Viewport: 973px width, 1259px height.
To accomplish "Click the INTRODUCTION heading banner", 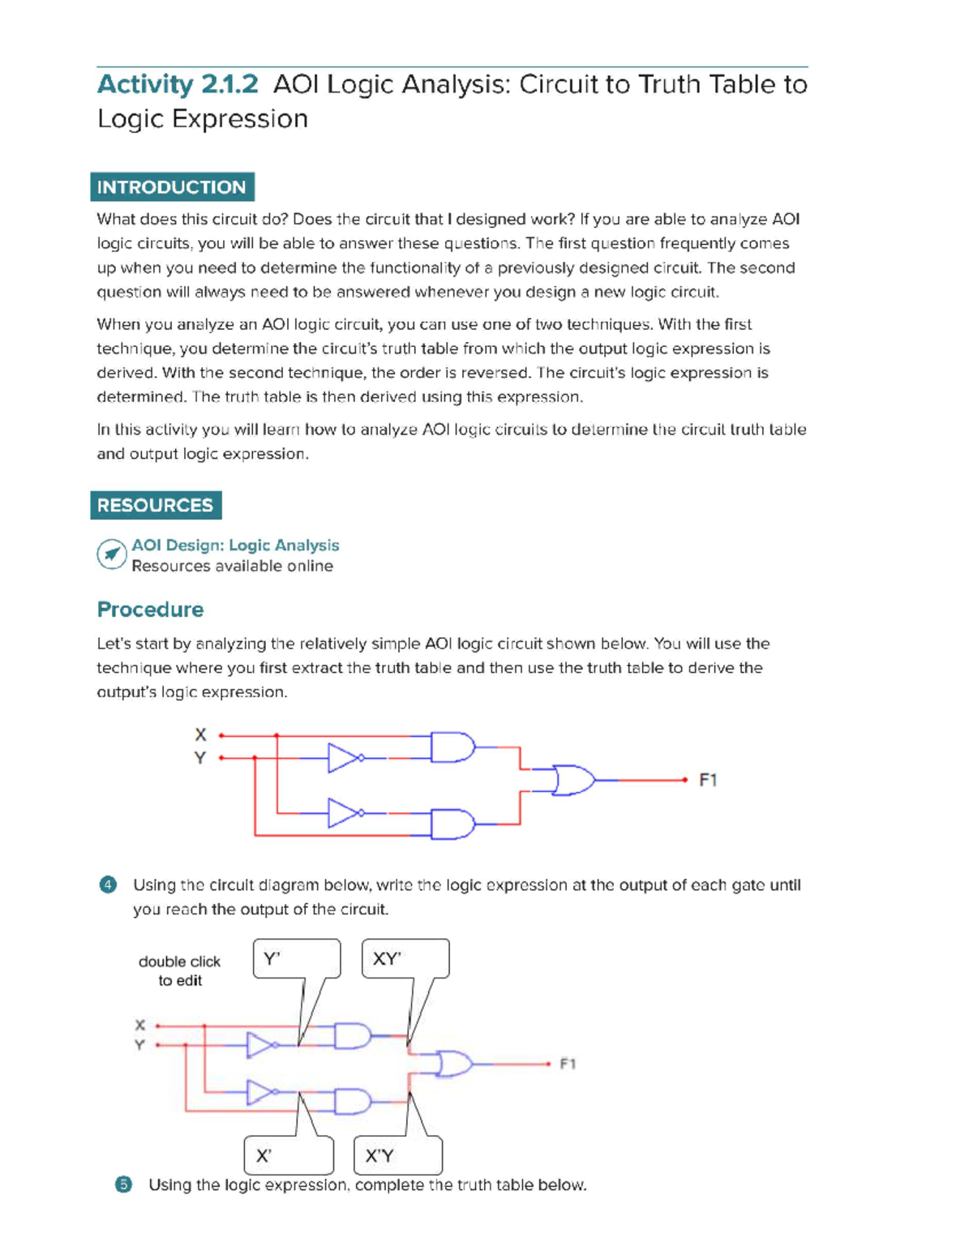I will (x=172, y=187).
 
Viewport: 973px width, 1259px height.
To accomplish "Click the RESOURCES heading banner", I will (x=156, y=505).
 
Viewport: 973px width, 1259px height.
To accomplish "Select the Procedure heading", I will (x=150, y=610).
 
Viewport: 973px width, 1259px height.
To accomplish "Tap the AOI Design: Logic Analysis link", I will (x=235, y=546).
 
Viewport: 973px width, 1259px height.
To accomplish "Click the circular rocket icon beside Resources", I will (x=111, y=555).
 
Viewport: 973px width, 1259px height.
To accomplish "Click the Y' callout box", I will (x=297, y=959).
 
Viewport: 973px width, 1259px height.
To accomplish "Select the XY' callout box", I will (x=405, y=959).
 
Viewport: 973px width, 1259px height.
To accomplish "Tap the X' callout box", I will (x=289, y=1155).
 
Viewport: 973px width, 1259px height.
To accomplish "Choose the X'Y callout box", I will (x=398, y=1155).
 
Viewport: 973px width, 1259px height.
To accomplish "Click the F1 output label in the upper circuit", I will (x=708, y=780).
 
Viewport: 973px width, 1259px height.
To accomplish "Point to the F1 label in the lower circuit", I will (x=568, y=1064).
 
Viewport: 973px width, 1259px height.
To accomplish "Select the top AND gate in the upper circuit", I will (x=452, y=747).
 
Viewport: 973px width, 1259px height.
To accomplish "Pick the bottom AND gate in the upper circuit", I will (x=452, y=824).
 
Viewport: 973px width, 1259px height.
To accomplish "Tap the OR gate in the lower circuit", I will (x=455, y=1064).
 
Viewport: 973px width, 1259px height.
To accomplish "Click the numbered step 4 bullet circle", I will (x=108, y=884).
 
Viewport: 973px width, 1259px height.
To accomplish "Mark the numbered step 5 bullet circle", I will (x=123, y=1184).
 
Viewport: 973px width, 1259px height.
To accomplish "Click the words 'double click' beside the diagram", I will (x=179, y=961).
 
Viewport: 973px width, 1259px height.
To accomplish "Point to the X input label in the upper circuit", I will (x=200, y=734).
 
